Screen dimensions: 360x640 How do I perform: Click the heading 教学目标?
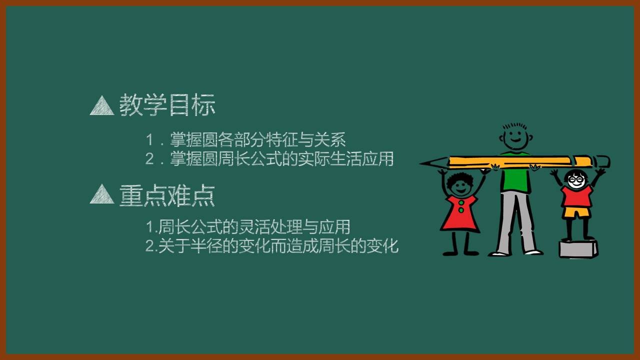(167, 105)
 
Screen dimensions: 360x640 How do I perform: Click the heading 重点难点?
(167, 195)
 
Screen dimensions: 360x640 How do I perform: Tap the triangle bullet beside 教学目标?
(102, 106)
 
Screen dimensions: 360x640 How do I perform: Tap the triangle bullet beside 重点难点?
(102, 194)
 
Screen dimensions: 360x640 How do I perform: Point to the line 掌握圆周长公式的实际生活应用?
(281, 158)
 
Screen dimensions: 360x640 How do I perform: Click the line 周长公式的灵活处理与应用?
(253, 226)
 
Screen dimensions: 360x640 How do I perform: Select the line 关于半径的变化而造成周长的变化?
(278, 246)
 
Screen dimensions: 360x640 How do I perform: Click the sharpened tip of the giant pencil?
(425, 163)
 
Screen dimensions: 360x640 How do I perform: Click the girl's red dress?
(460, 214)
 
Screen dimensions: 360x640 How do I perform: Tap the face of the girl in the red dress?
(459, 185)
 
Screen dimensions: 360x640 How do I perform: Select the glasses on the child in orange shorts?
(575, 179)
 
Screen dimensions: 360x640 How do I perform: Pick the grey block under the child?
(578, 248)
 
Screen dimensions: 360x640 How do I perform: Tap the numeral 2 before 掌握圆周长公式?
(149, 159)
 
